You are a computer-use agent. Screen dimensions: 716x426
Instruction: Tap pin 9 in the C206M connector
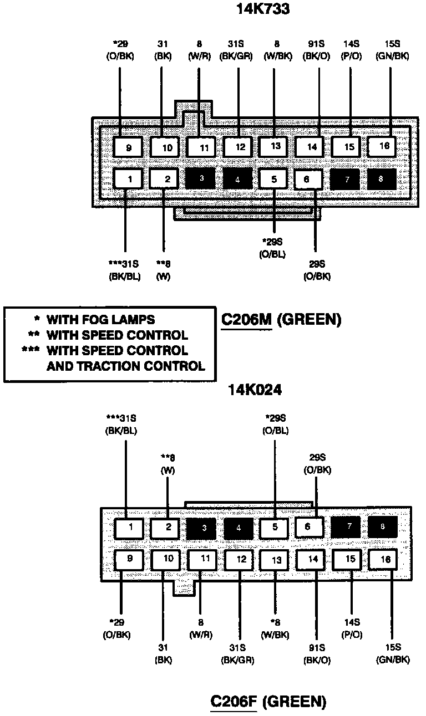(x=128, y=147)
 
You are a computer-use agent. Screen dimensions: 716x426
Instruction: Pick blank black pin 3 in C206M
(x=202, y=178)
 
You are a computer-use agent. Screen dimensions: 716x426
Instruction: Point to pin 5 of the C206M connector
(x=275, y=179)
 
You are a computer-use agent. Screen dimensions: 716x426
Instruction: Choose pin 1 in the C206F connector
(x=130, y=527)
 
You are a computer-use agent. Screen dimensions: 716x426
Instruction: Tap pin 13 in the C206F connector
(x=277, y=560)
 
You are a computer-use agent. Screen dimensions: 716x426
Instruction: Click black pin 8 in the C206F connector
(x=382, y=526)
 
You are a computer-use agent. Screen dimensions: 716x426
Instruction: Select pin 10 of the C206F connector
(x=168, y=559)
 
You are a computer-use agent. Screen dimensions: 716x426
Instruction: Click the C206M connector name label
(x=246, y=320)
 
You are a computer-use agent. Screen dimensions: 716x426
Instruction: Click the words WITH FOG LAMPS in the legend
(x=100, y=320)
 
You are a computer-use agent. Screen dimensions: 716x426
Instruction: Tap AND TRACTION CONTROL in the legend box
(x=125, y=366)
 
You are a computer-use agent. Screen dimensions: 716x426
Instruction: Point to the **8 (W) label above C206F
(x=168, y=463)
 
